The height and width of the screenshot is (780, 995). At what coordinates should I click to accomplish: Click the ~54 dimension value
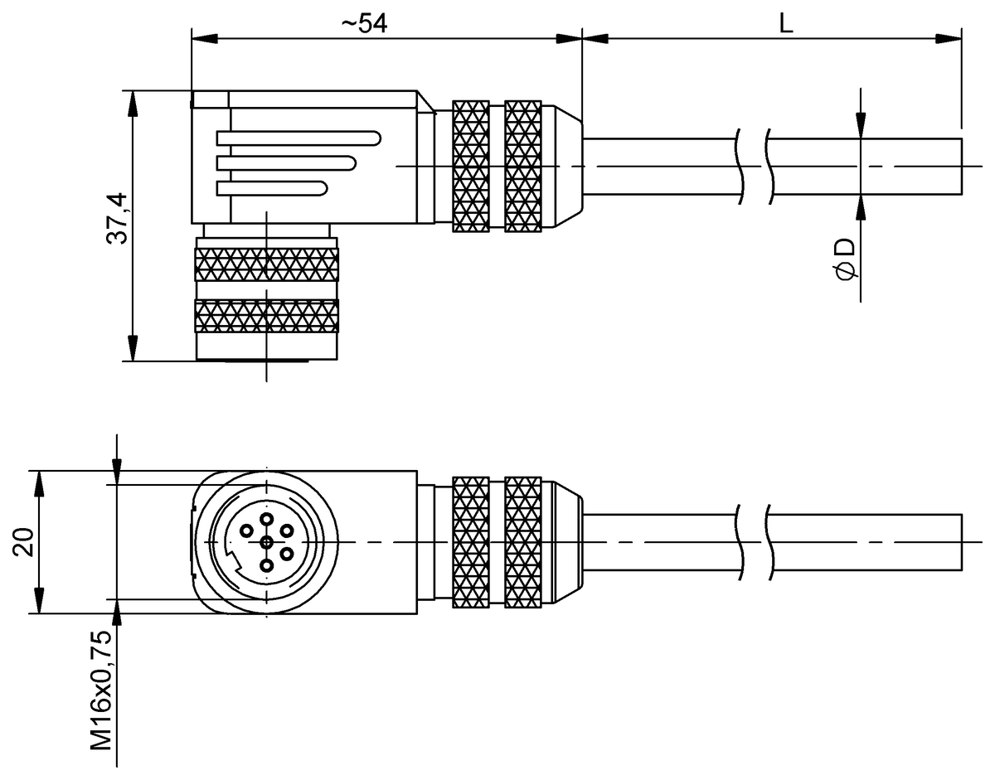point(365,23)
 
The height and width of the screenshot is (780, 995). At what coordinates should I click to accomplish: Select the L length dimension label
point(785,23)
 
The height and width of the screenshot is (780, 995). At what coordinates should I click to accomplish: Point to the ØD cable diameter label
point(846,258)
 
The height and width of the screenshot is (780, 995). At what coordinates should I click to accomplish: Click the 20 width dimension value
point(24,542)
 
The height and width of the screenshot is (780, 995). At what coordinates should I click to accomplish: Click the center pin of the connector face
point(266,542)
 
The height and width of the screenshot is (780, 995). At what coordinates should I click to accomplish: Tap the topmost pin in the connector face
point(266,520)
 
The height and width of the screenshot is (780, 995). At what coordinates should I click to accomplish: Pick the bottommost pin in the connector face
point(266,565)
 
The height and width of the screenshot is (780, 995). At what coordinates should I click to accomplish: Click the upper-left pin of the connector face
point(246,530)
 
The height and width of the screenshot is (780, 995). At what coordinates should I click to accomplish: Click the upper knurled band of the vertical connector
point(266,264)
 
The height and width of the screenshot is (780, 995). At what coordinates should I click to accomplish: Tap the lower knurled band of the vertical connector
point(266,316)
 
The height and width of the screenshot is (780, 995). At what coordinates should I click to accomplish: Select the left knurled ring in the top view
point(470,166)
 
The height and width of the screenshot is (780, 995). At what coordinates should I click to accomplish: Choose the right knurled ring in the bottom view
point(522,542)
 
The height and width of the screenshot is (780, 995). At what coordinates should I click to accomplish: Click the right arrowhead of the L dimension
point(949,39)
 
